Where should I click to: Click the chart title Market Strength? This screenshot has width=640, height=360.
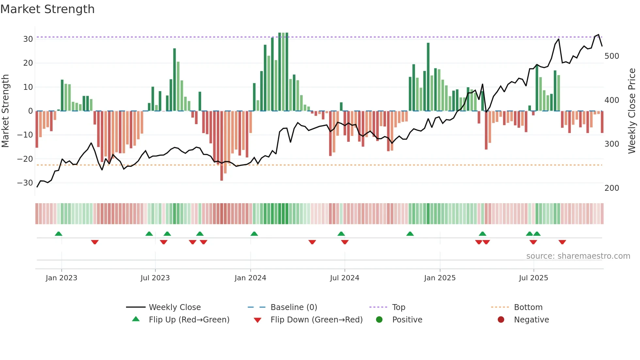point(47,9)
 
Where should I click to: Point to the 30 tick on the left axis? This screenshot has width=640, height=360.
point(28,39)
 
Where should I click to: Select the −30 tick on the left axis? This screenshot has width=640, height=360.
point(25,183)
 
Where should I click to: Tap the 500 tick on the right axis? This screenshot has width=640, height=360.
point(612,56)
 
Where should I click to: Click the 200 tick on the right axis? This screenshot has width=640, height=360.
point(612,188)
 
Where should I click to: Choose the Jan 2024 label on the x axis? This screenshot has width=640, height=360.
point(250,278)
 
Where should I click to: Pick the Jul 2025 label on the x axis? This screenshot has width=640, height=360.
point(533,278)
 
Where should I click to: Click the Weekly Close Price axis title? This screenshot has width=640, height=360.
point(632,111)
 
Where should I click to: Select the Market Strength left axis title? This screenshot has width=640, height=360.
point(5,111)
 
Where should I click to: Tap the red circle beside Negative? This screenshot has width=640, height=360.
point(501,319)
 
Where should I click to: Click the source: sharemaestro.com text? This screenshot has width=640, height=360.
point(578,256)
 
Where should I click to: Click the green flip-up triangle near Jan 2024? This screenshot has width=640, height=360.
point(254,234)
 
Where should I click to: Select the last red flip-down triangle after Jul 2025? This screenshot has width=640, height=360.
point(562,242)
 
